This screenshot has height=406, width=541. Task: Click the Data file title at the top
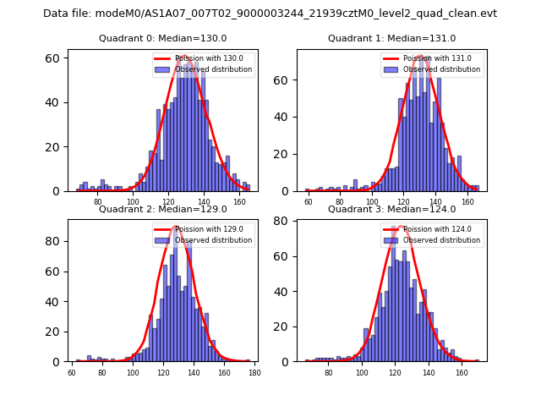pos(270,14)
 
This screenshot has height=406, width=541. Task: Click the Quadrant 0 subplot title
pos(162,39)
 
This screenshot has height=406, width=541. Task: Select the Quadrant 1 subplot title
pos(391,39)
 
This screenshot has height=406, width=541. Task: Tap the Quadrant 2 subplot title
pos(162,210)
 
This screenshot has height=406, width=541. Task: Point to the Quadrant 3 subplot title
pos(391,210)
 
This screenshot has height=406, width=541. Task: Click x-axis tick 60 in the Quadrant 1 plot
pos(309,201)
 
